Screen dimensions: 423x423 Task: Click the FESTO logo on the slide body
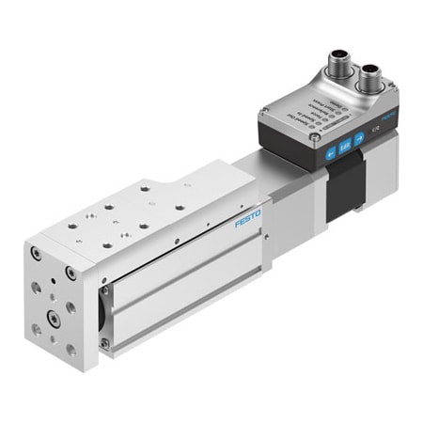(248, 219)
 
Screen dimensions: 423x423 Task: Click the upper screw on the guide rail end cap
(105, 290)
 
